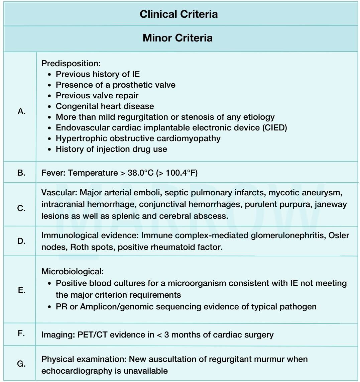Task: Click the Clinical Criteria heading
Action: click(178, 14)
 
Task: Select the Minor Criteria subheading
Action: click(177, 37)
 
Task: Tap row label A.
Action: click(22, 111)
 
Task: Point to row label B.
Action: click(21, 173)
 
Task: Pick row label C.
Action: click(21, 208)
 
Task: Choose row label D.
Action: click(21, 241)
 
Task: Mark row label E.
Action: click(21, 290)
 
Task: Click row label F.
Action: click(21, 333)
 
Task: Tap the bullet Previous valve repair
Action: click(97, 95)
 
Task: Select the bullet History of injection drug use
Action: click(111, 149)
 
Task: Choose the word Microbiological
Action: click(73, 271)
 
